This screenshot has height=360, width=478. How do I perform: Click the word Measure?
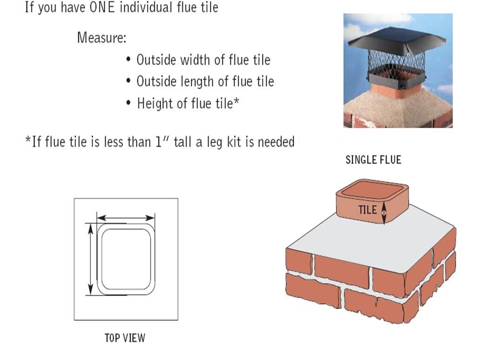101,38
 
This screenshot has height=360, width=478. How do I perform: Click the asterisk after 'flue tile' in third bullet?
236,101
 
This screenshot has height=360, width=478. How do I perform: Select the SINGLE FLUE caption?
373,160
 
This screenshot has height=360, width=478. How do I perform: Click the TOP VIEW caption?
125,338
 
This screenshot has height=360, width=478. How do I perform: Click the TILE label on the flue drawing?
367,210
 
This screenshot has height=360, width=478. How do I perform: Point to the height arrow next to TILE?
384,211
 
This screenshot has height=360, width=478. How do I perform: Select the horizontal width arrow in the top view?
126,217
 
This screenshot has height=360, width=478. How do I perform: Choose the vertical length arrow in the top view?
89,258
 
